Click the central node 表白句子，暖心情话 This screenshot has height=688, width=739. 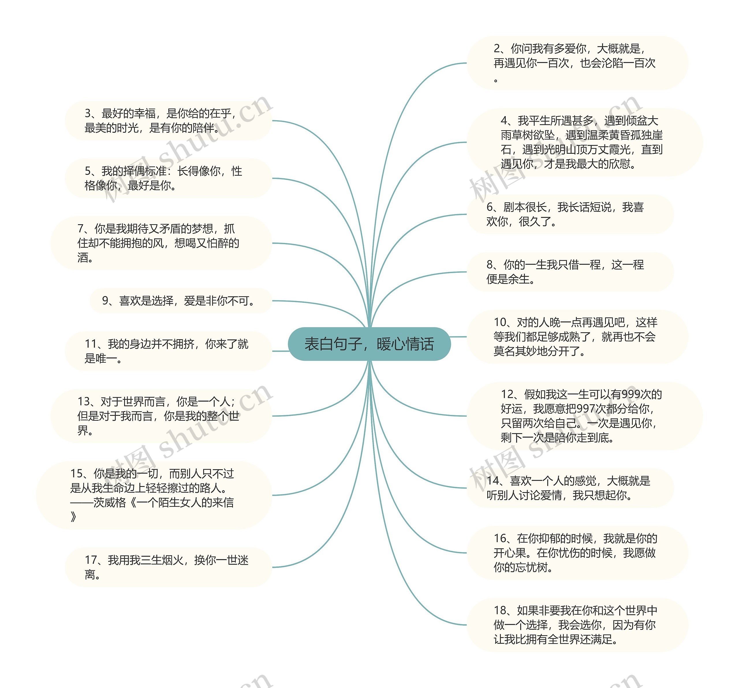369,344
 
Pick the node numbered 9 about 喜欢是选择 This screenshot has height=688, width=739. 181,301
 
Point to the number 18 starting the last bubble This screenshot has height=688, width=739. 500,611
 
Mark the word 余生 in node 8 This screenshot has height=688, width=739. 518,279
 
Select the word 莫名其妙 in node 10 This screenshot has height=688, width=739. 520,351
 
